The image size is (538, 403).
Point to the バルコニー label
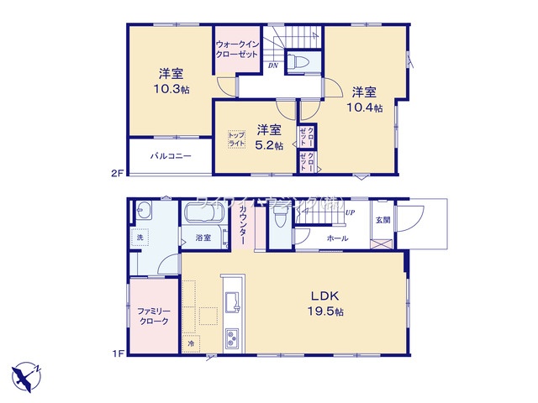pos(171,157)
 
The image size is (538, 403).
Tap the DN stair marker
pos(273,65)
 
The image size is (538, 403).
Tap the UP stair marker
pos(349,212)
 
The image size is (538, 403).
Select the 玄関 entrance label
pos(382,221)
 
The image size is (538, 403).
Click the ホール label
pos(339,238)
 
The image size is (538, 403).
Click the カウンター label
pos(243,225)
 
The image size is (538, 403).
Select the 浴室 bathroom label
pos(203,238)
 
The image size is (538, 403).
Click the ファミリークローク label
pos(153,317)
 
